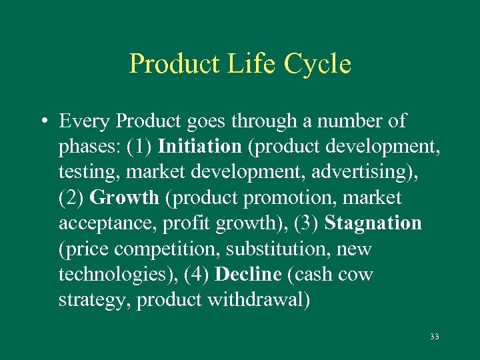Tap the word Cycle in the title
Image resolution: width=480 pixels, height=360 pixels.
tap(317, 65)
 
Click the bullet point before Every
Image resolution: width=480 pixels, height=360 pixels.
tap(42, 122)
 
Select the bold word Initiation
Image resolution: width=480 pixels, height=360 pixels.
tap(199, 146)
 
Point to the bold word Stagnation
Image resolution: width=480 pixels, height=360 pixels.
tap(373, 223)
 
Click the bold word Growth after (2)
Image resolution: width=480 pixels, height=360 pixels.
tap(124, 198)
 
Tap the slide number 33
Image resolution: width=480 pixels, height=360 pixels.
tap(435, 337)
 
